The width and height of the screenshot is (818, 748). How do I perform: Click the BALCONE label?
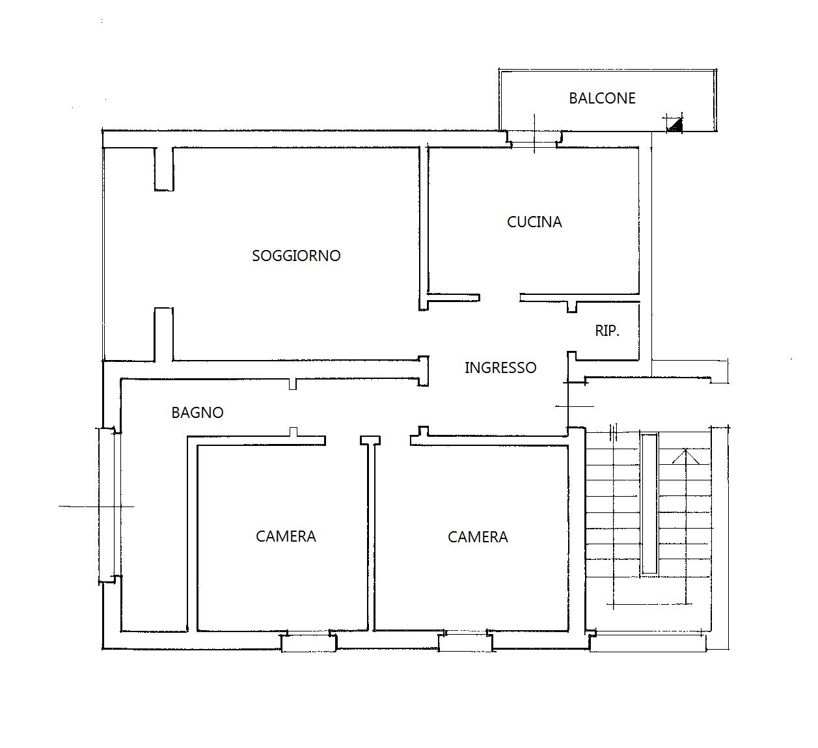(x=602, y=98)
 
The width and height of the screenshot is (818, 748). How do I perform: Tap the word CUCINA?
(x=534, y=222)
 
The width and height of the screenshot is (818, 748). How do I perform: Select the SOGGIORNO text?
(x=296, y=256)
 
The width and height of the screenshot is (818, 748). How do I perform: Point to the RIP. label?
(x=607, y=331)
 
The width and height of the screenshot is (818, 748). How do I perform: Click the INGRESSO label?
(x=500, y=368)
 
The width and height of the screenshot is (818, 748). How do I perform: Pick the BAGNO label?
(x=198, y=413)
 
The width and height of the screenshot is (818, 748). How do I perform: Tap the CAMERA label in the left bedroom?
(x=286, y=536)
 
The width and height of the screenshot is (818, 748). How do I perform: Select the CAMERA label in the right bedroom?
(x=478, y=537)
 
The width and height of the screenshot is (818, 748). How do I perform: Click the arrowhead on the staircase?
(x=685, y=456)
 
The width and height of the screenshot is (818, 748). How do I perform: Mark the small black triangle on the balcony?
(x=676, y=124)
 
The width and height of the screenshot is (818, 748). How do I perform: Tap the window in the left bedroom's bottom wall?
(x=309, y=643)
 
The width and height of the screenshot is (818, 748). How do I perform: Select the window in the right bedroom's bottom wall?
(x=465, y=643)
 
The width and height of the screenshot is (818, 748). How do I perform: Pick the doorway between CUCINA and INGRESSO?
(x=500, y=298)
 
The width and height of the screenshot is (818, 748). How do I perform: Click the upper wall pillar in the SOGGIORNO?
(x=164, y=169)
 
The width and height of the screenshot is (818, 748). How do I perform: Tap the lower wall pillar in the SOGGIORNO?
(x=163, y=334)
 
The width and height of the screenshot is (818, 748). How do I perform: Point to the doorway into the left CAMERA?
(x=343, y=441)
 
